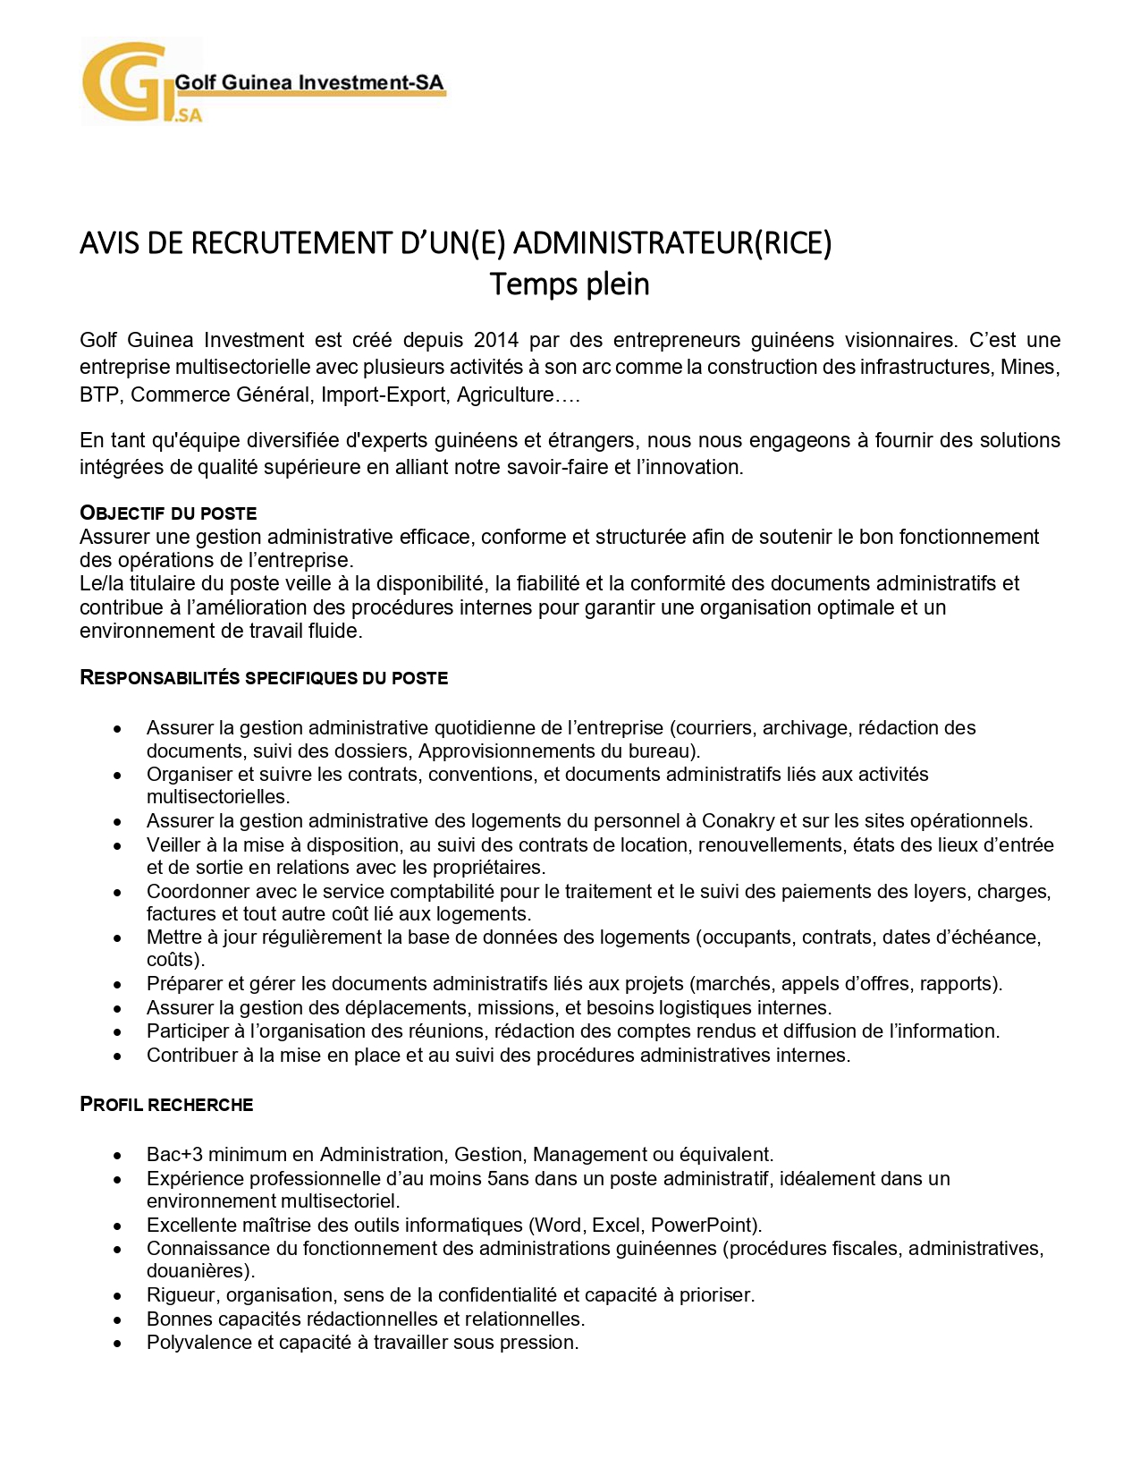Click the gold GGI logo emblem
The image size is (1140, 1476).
coord(125,82)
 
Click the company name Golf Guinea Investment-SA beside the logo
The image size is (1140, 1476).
coord(308,82)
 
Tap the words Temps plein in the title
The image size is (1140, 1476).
coord(570,284)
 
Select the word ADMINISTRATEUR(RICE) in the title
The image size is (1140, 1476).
coord(672,243)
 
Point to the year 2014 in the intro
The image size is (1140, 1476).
coord(495,340)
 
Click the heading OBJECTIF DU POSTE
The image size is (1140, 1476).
coord(168,513)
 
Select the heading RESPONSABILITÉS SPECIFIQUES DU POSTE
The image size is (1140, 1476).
coord(264,678)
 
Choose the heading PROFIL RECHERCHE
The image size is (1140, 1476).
coord(166,1105)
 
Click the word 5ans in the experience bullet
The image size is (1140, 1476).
coord(509,1179)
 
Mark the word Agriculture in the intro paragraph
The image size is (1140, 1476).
coord(506,395)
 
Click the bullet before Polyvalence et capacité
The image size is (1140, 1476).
coord(117,1344)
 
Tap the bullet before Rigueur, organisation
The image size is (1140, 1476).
coord(117,1296)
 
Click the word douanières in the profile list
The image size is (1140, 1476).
coord(198,1271)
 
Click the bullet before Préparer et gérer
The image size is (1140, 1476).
coord(117,985)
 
